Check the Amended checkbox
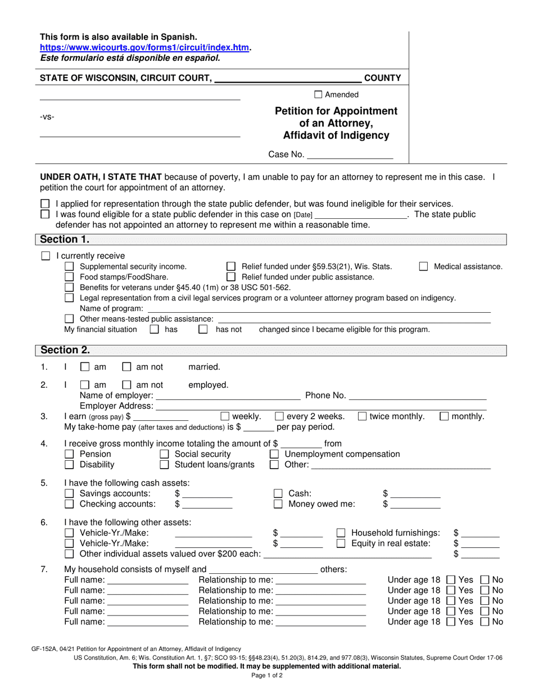318,95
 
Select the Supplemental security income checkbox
69,267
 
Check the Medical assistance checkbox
424,267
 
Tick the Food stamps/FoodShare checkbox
69,277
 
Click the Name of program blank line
318,308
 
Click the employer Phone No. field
418,396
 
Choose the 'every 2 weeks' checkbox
279,416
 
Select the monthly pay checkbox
444,416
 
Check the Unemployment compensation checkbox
274,454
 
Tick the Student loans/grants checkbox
165,465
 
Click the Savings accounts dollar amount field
207,493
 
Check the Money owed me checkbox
278,504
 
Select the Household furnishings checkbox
341,533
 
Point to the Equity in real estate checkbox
341,543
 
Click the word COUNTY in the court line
383,78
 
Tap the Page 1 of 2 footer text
267,676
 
